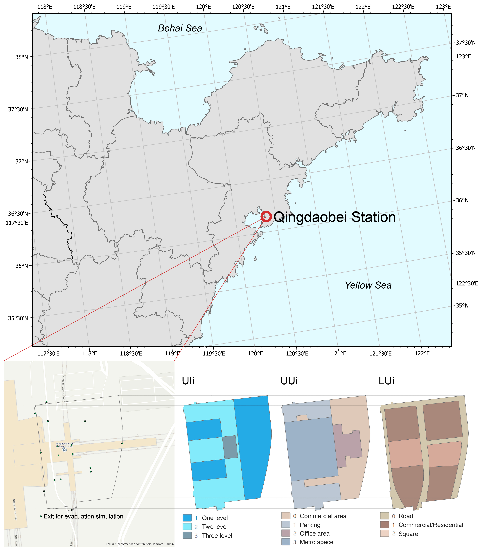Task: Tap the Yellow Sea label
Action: pos(368,285)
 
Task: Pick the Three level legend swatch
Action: pos(187,535)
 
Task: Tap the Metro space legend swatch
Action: pos(286,542)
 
